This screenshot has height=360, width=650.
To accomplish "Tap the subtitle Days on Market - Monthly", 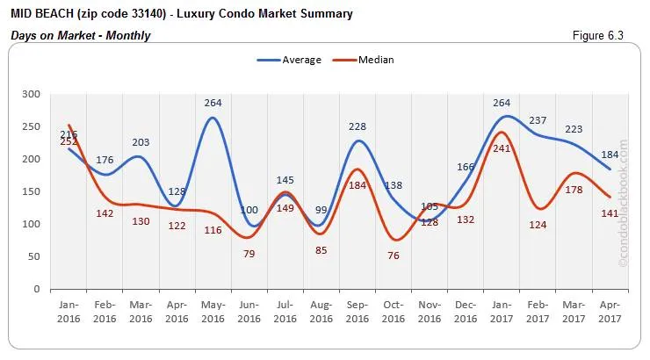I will click(80, 35).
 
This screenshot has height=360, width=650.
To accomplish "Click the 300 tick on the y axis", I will click(31, 94).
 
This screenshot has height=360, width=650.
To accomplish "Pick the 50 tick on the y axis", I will click(33, 256).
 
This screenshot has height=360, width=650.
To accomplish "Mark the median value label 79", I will click(249, 254).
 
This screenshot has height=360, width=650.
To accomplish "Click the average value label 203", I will click(141, 142).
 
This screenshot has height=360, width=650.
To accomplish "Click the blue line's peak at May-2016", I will click(213, 118).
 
